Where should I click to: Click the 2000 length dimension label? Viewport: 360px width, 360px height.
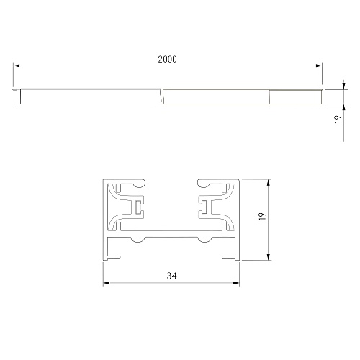tap(167, 59)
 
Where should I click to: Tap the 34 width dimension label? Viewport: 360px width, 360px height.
tap(171, 276)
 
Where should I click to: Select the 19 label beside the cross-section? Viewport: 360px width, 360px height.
tap(263, 217)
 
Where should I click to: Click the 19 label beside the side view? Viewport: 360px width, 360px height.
tap(338, 120)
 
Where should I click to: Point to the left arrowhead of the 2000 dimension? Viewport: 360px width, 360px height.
tap(17, 66)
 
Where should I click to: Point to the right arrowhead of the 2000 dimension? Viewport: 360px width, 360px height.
tap(319, 66)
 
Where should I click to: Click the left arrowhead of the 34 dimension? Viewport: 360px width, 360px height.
tap(107, 283)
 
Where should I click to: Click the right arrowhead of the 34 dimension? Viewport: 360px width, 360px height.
tap(236, 283)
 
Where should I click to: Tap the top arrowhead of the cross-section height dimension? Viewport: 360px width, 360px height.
tap(269, 182)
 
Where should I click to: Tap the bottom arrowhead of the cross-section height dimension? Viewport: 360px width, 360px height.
tap(269, 256)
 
